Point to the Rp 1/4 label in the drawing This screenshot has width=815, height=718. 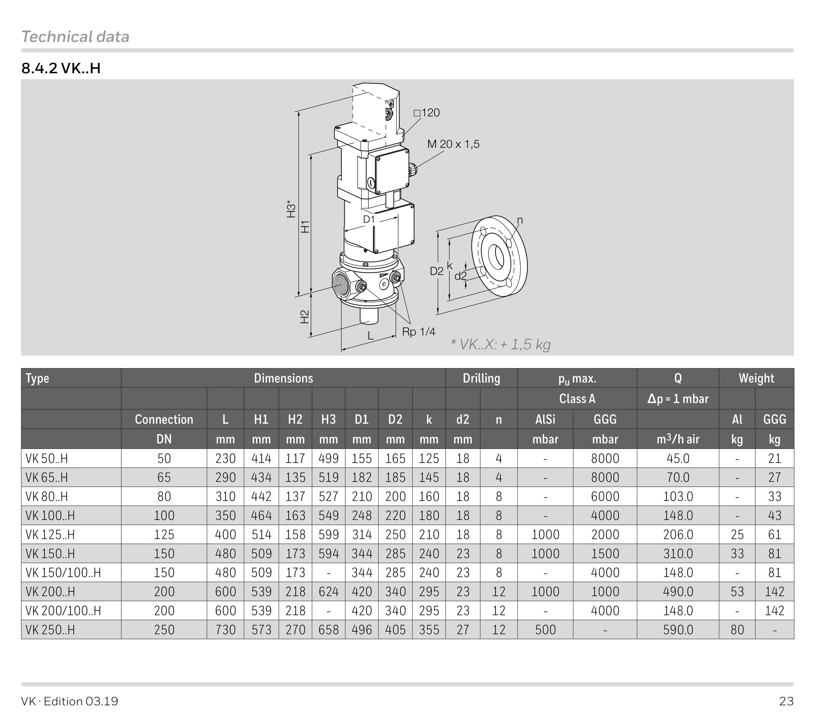[418, 332]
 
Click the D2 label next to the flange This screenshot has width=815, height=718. [436, 271]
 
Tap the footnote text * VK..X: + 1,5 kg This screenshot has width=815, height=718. [500, 344]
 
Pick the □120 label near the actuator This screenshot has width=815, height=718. [426, 113]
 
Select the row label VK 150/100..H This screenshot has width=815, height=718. [63, 572]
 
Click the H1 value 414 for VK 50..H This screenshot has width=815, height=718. [261, 458]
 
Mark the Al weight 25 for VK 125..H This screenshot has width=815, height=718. [736, 535]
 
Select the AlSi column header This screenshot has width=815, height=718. [545, 419]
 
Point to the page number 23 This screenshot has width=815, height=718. [786, 701]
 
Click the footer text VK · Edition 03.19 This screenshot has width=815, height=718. [70, 701]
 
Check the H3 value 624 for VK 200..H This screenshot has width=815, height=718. [328, 592]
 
